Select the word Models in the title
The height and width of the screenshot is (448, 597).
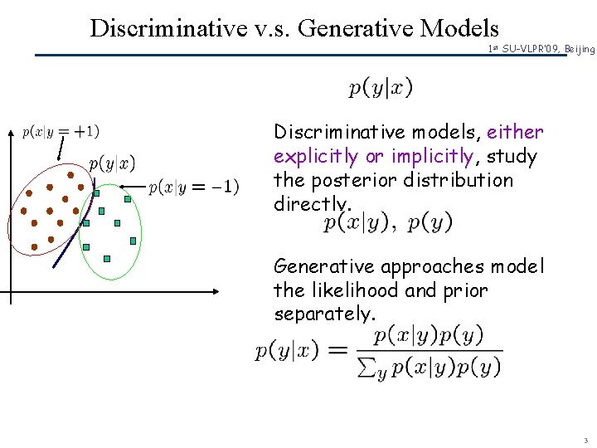[x=459, y=28]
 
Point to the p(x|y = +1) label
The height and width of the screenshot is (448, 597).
[x=61, y=131]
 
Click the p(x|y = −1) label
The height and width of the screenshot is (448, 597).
[x=194, y=187]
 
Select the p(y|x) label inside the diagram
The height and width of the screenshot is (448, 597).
[x=112, y=163]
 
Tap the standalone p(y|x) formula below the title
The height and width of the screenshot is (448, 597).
[x=381, y=87]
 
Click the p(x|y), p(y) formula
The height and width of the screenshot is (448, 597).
[x=387, y=222]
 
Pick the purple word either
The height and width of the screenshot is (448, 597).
[x=515, y=132]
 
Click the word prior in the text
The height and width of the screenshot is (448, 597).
[x=465, y=290]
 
